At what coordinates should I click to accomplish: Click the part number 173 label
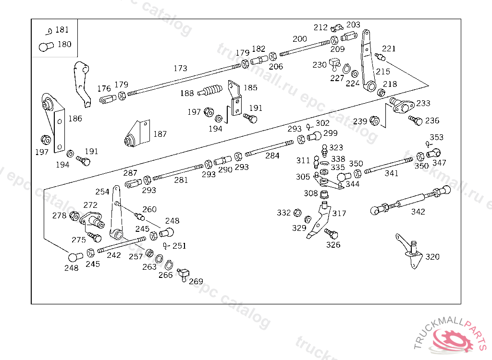tap(180, 69)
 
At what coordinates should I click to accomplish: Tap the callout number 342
tap(418, 212)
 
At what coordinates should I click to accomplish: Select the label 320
tap(432, 257)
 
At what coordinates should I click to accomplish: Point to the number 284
tap(272, 156)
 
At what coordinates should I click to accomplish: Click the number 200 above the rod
tap(300, 39)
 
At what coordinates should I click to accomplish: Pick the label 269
tap(196, 281)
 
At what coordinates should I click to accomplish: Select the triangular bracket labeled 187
tap(135, 134)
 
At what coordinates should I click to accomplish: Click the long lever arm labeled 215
tap(369, 62)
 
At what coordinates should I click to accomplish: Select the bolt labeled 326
tap(332, 234)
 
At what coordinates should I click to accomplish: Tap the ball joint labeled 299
tap(314, 136)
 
